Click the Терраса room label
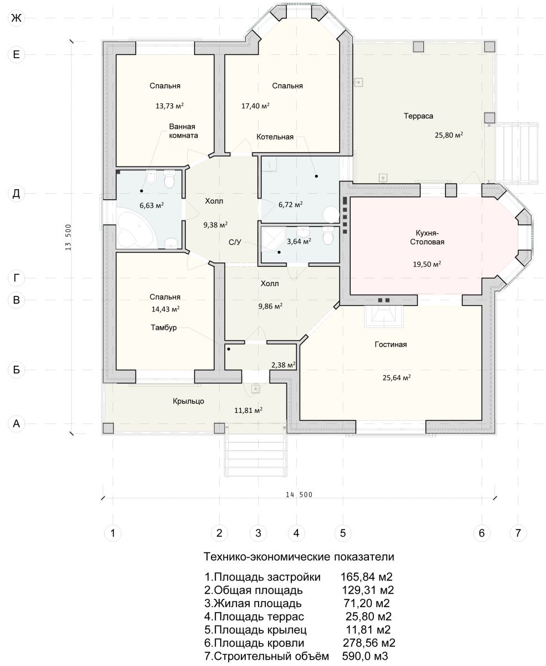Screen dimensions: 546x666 tap(418, 116)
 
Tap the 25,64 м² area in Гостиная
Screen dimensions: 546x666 tap(396, 377)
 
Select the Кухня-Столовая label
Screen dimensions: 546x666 tap(427, 237)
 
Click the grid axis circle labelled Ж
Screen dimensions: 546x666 tap(16, 18)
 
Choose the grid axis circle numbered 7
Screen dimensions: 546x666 tap(518, 533)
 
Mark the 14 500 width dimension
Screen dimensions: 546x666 tap(299, 495)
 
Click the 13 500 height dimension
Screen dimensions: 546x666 tap(68, 237)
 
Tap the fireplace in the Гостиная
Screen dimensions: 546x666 tap(383, 316)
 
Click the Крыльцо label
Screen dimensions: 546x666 tap(188, 401)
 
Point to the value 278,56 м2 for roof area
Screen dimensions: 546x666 tap(369, 643)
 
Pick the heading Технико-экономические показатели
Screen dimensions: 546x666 tap(299, 565)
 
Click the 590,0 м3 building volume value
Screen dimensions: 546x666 tap(365, 656)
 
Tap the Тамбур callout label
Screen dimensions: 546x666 tap(163, 327)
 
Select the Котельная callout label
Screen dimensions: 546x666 tap(275, 137)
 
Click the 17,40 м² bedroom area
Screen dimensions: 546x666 tap(255, 106)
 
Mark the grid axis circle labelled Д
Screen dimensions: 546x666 tap(16, 193)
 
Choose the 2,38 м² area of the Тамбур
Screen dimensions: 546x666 tap(283, 365)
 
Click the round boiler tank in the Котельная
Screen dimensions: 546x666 tap(330, 214)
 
